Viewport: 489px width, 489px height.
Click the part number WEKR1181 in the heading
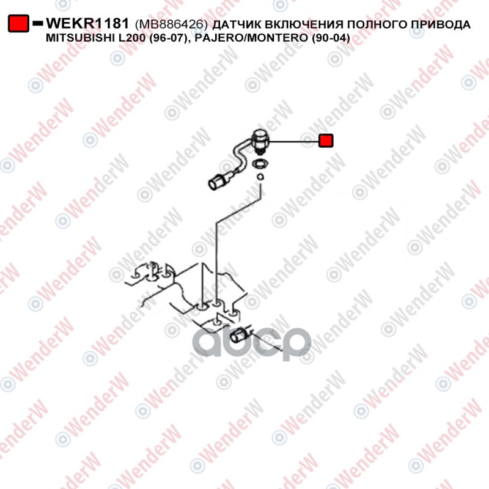[x=88, y=24]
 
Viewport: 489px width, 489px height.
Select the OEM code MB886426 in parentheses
[x=172, y=24]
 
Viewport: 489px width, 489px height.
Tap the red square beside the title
[x=18, y=24]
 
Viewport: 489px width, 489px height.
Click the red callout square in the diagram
[x=326, y=141]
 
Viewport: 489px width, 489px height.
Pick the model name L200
[x=134, y=39]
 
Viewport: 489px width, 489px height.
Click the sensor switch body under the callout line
[x=260, y=139]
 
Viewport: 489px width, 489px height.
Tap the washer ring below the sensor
[x=260, y=163]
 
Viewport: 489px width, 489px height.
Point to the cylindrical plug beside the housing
[x=239, y=334]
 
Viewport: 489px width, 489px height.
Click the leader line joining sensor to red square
[x=293, y=141]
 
